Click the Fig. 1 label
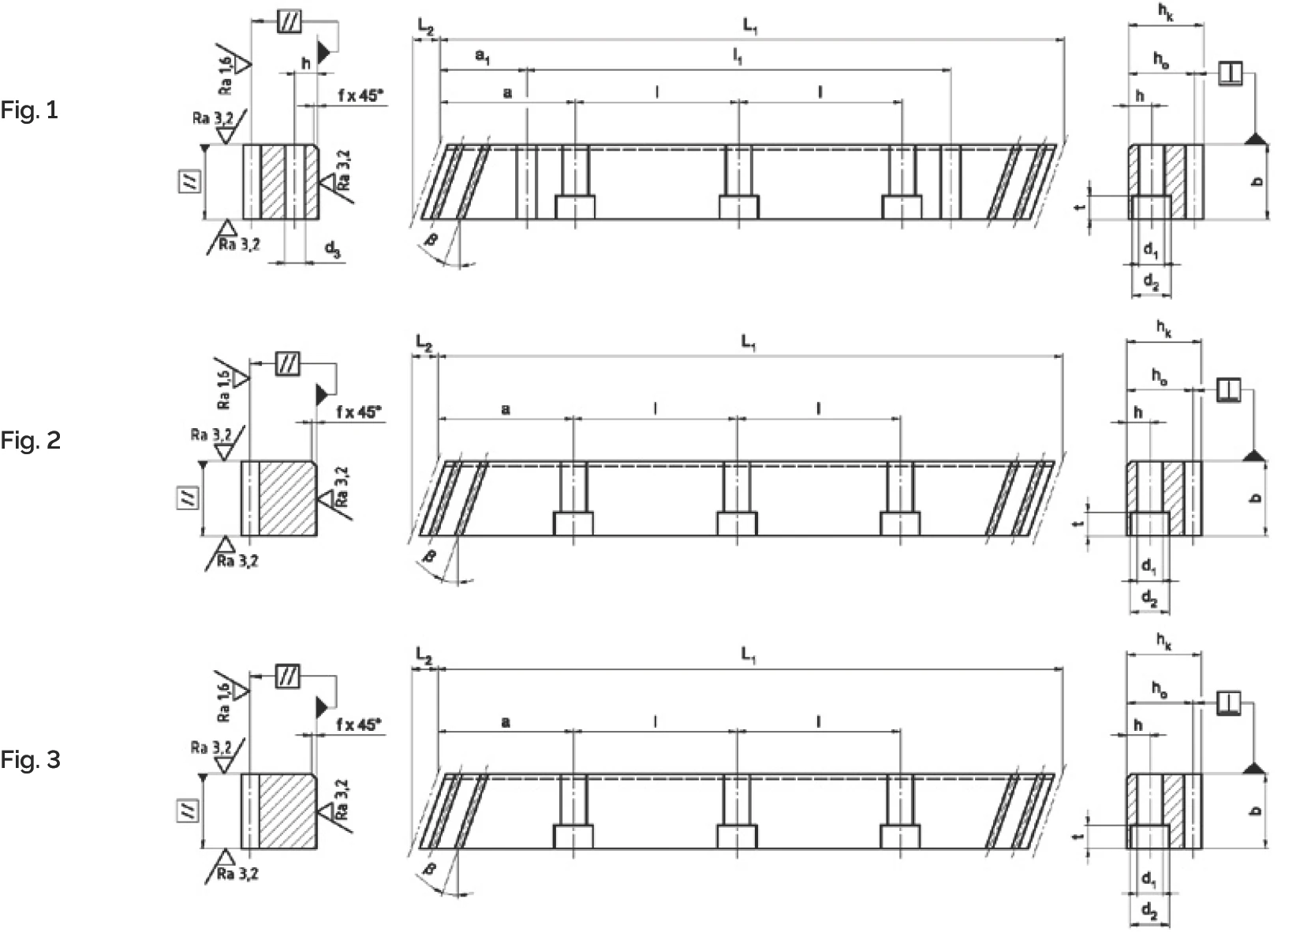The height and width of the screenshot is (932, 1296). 29,110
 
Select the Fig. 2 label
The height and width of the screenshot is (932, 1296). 30,440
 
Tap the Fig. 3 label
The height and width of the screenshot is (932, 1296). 30,760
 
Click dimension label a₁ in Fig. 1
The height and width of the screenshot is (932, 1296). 482,58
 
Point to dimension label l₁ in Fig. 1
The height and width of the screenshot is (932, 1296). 737,57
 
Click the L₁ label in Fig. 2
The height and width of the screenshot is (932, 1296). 748,342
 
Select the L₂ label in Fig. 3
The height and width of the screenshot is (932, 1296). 424,657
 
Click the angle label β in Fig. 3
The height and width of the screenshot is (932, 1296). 430,869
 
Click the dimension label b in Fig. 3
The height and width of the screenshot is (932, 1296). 1257,811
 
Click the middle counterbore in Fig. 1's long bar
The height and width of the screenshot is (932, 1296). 738,207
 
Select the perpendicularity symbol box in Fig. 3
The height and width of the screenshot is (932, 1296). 1228,702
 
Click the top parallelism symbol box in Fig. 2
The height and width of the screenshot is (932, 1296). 287,365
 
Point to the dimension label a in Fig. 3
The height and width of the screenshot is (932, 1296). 506,721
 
